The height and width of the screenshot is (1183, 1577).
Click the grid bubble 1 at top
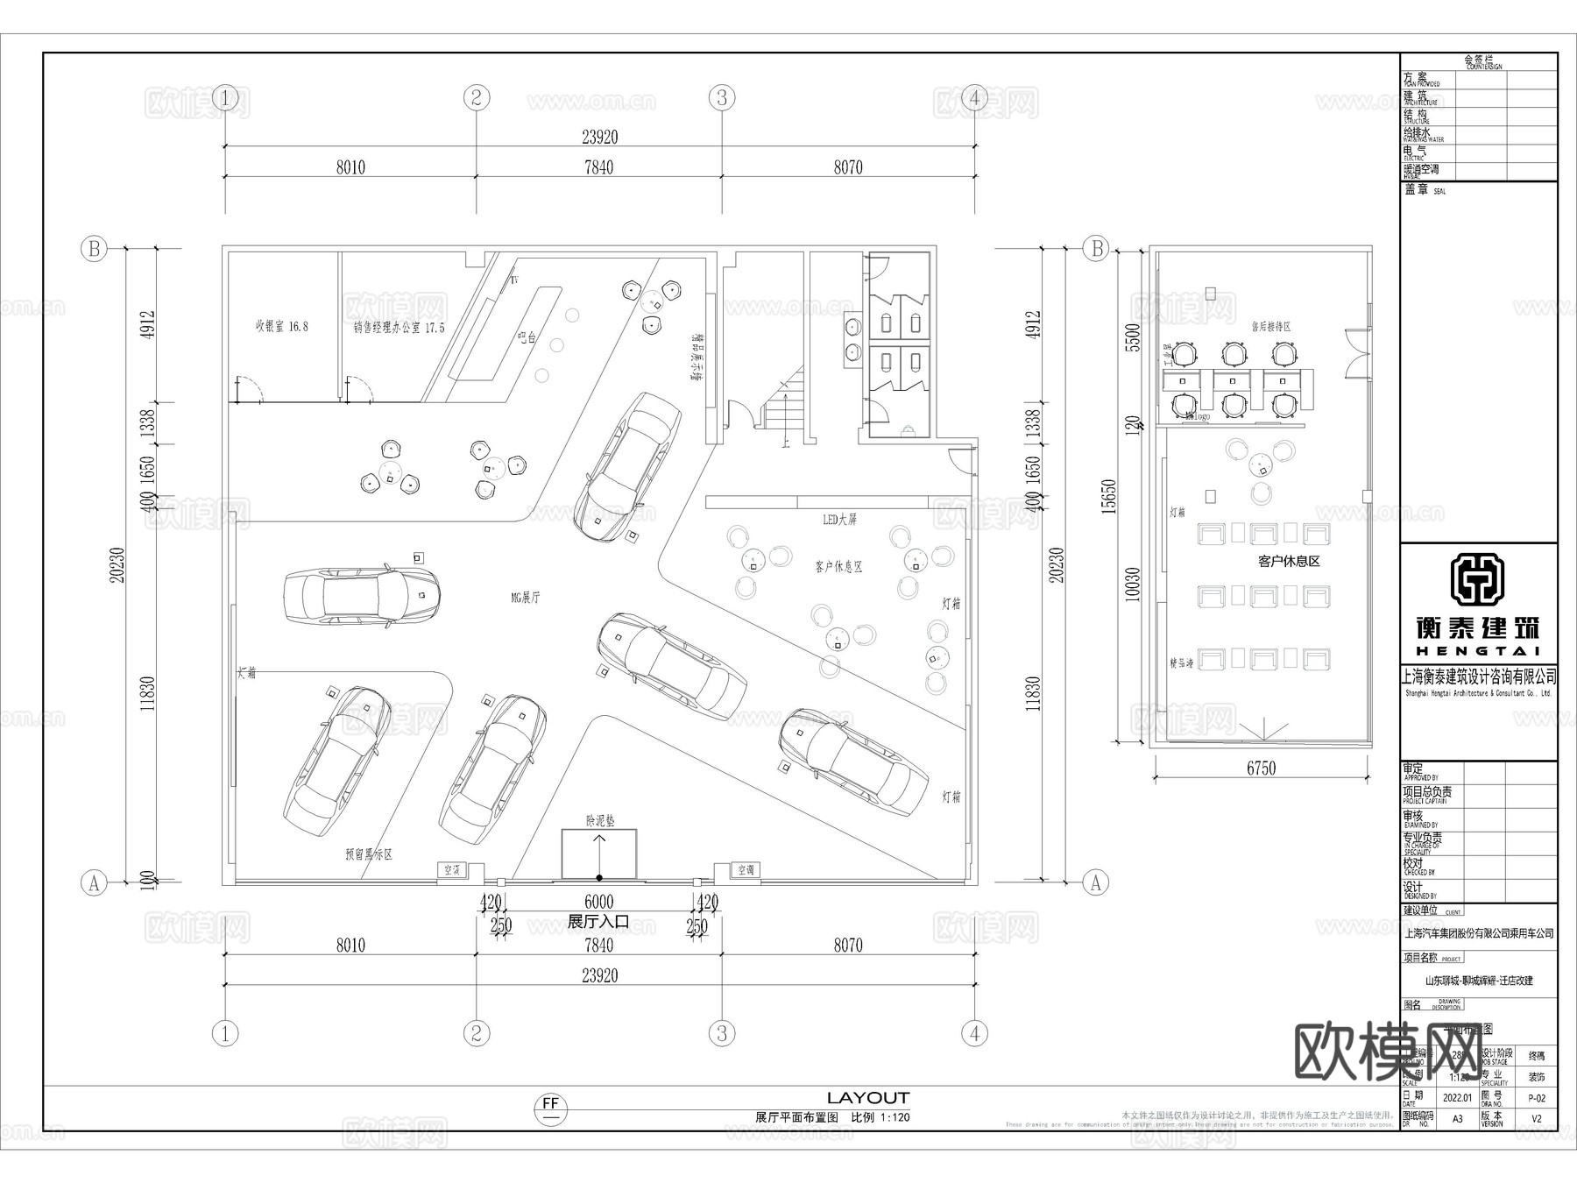click(226, 97)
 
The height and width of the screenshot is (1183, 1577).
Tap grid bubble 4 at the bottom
click(974, 1033)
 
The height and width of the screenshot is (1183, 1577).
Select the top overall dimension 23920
click(599, 137)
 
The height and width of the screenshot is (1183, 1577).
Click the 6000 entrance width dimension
click(599, 902)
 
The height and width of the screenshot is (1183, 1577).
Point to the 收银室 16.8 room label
click(281, 326)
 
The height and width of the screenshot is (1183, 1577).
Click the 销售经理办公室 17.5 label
click(399, 327)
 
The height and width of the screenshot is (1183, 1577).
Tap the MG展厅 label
click(526, 598)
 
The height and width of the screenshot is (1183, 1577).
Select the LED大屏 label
click(839, 520)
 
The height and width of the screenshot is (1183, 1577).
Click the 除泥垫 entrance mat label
click(600, 821)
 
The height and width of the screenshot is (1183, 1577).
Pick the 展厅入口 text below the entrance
click(598, 923)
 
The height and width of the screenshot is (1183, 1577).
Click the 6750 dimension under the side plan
click(1261, 769)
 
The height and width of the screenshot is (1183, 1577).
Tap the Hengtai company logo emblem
click(1478, 580)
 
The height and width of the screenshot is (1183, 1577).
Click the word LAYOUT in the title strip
click(868, 1098)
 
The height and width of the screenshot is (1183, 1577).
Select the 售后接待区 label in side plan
click(1271, 326)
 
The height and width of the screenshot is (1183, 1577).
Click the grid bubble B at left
click(94, 249)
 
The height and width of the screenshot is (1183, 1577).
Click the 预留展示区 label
click(368, 854)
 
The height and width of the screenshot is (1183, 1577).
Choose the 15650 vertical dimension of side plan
click(1108, 496)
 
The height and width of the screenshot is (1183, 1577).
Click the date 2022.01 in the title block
click(1457, 1096)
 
